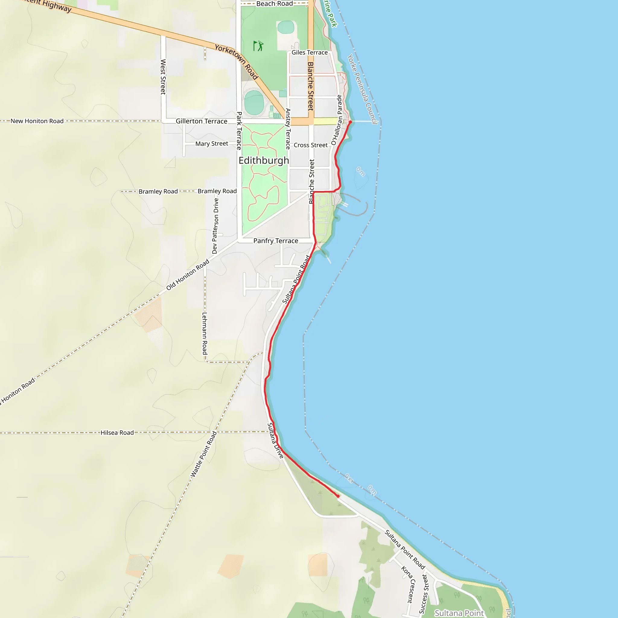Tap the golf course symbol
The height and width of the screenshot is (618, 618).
258,46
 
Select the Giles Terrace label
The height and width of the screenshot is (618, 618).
309,53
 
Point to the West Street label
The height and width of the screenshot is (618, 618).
163,77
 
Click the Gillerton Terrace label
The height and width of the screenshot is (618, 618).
201,121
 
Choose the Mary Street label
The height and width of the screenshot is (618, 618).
212,144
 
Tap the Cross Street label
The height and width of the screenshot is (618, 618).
310,145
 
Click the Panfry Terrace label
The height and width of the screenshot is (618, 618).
276,241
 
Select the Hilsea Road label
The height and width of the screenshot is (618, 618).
117,433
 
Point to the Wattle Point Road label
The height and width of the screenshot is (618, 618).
203,454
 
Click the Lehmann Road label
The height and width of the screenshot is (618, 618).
205,333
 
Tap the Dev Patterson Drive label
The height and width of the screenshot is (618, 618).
215,226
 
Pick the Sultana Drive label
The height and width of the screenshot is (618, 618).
276,441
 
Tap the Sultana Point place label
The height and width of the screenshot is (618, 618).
459,613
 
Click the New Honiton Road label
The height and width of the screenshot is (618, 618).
37,121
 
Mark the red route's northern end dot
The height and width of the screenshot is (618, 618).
350,122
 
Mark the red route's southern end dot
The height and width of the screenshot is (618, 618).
338,496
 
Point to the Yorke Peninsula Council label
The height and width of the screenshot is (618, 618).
362,89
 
